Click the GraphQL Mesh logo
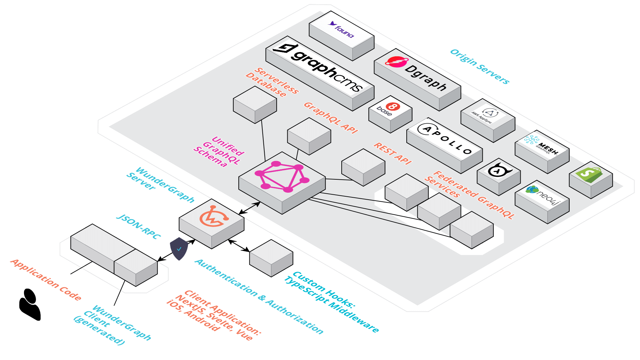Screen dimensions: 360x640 point(541,146)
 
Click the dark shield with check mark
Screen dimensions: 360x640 point(179,249)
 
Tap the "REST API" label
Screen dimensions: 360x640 point(393,153)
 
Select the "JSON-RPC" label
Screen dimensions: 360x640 point(138,227)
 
